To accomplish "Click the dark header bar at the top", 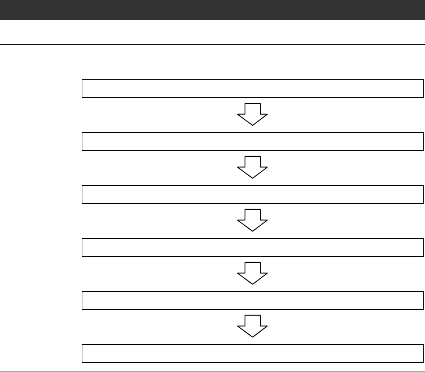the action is [212, 10].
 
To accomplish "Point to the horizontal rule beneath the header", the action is [212, 44].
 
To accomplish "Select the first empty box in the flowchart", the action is [253, 89].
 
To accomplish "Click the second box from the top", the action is [253, 141].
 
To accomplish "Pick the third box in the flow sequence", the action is [253, 194].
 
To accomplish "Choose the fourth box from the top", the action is [253, 247].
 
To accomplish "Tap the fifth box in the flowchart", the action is [253, 300].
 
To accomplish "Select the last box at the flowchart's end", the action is [253, 353].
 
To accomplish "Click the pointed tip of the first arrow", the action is [252, 125].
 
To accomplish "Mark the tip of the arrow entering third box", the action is [252, 178].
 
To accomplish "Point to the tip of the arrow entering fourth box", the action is [252, 231].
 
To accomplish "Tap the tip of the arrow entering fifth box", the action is [252, 284].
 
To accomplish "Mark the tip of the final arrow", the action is [252, 337].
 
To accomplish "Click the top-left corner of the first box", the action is [82, 80].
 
